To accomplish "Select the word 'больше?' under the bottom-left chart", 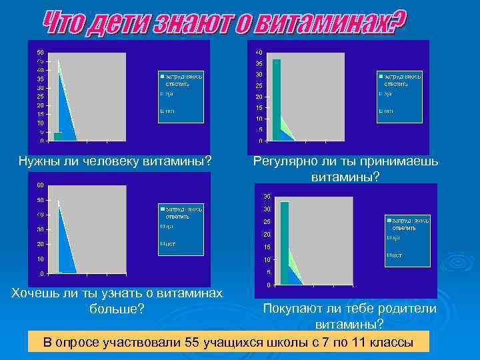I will (x=116, y=309).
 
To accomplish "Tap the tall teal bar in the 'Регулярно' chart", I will (x=276, y=100).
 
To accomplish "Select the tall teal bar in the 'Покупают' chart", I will (x=285, y=243).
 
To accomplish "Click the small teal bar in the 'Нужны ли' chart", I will (x=57, y=136).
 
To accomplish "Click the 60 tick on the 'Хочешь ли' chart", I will (x=41, y=185).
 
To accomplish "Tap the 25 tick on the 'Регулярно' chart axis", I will (x=259, y=85).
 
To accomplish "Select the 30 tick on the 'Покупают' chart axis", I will (x=266, y=209).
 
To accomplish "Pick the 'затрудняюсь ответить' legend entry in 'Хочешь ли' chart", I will (x=177, y=212).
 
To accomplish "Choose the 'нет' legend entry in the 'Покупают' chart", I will (x=395, y=255).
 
